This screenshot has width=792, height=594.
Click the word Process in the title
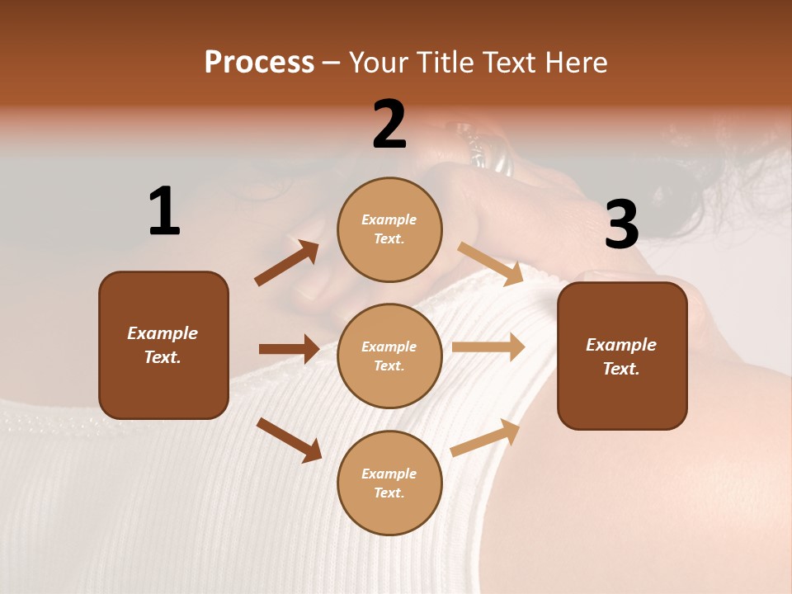tap(259, 63)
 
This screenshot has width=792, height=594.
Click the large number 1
tap(164, 211)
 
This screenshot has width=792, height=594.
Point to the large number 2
tap(389, 125)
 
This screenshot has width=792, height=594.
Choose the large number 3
tap(621, 224)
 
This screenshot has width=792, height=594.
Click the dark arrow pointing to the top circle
tap(287, 263)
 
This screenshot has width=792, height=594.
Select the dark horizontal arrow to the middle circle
tap(289, 349)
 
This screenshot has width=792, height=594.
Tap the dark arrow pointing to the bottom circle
tap(290, 440)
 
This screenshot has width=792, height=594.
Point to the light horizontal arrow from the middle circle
tap(488, 346)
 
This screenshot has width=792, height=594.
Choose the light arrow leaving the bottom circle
tap(485, 438)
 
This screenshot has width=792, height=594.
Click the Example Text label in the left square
tap(163, 345)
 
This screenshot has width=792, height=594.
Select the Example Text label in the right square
tap(621, 356)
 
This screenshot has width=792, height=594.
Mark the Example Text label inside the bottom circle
tap(389, 483)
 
